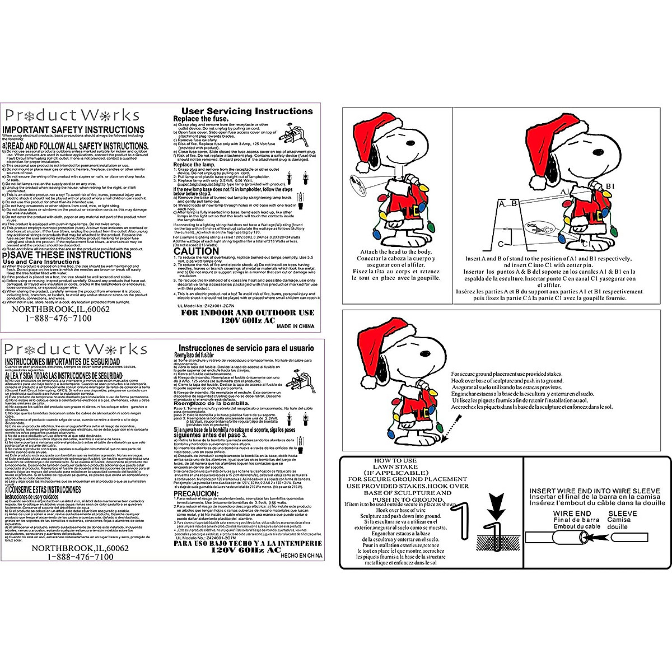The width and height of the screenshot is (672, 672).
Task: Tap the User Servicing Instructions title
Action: click(x=248, y=111)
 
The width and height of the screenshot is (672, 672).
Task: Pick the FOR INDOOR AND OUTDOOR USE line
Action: click(x=248, y=313)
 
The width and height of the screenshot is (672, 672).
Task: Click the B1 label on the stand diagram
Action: click(x=611, y=185)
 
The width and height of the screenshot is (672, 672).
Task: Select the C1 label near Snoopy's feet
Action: click(x=587, y=245)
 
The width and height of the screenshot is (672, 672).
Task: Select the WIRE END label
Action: click(x=572, y=514)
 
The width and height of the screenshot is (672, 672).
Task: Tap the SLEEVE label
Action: click(x=622, y=514)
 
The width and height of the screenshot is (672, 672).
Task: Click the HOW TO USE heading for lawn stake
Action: click(x=395, y=460)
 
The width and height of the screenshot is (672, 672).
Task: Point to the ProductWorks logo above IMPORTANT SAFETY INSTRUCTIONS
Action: click(x=72, y=115)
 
